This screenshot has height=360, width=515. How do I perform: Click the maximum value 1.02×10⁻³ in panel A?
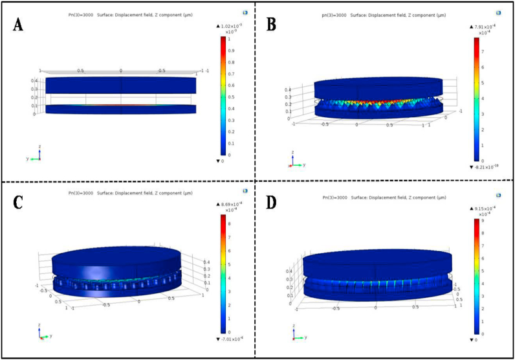227,25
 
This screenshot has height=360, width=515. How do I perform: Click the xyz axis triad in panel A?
36,156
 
